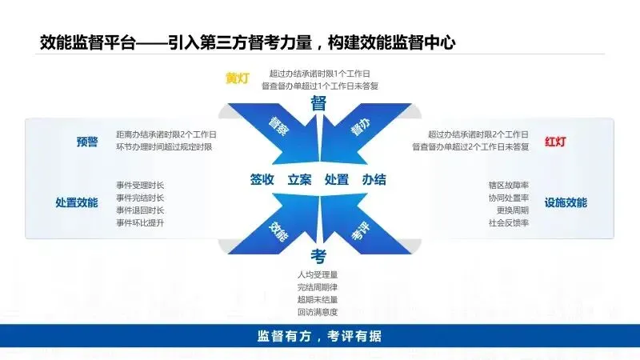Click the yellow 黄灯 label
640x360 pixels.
click(x=238, y=78)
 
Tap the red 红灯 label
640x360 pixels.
click(x=556, y=142)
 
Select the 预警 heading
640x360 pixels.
click(x=87, y=142)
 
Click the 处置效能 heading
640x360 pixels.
click(x=77, y=202)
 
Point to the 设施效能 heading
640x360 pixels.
click(x=566, y=202)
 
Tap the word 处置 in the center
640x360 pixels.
click(x=337, y=180)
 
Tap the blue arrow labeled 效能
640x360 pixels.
click(x=278, y=230)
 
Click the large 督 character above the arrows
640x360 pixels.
click(x=318, y=103)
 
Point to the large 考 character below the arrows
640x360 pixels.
click(x=318, y=256)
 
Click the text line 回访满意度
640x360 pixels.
click(x=317, y=311)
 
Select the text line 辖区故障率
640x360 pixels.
click(x=510, y=185)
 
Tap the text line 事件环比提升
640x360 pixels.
click(x=140, y=222)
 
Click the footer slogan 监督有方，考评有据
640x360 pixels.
click(x=319, y=336)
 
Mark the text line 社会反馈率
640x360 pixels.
click(x=510, y=222)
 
